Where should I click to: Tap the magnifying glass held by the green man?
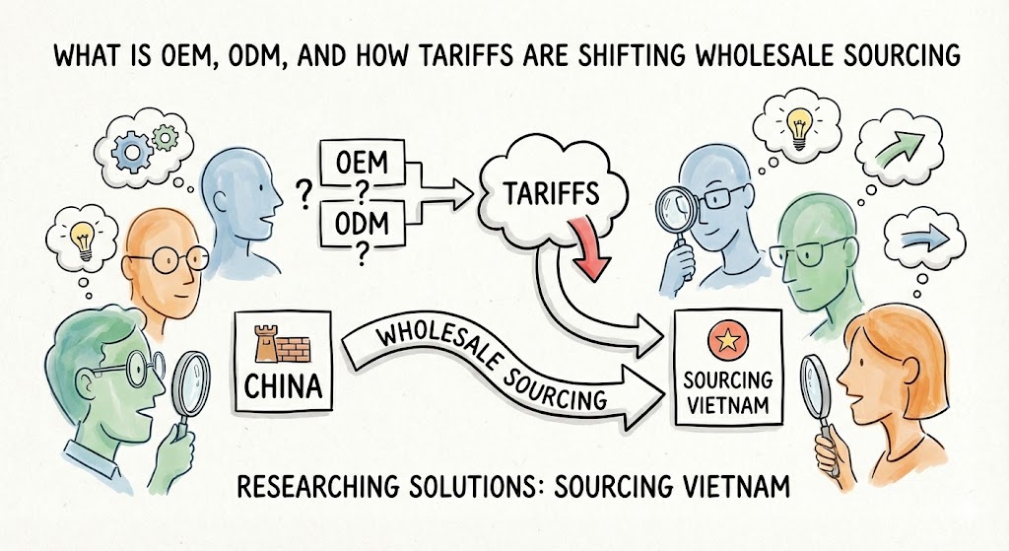tap(191, 380)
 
